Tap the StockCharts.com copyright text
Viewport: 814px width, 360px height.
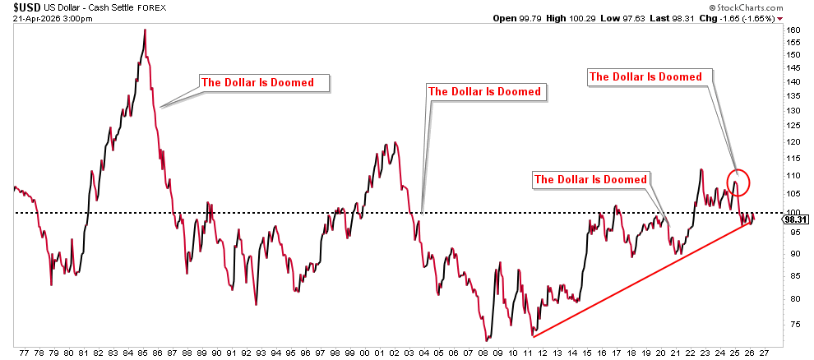point(733,7)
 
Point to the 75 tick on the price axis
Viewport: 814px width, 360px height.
point(792,324)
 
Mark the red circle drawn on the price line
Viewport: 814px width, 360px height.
point(738,181)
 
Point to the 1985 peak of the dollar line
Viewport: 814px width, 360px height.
point(145,30)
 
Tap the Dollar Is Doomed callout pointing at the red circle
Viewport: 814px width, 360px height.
point(647,76)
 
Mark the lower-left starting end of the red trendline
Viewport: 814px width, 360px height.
point(534,336)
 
